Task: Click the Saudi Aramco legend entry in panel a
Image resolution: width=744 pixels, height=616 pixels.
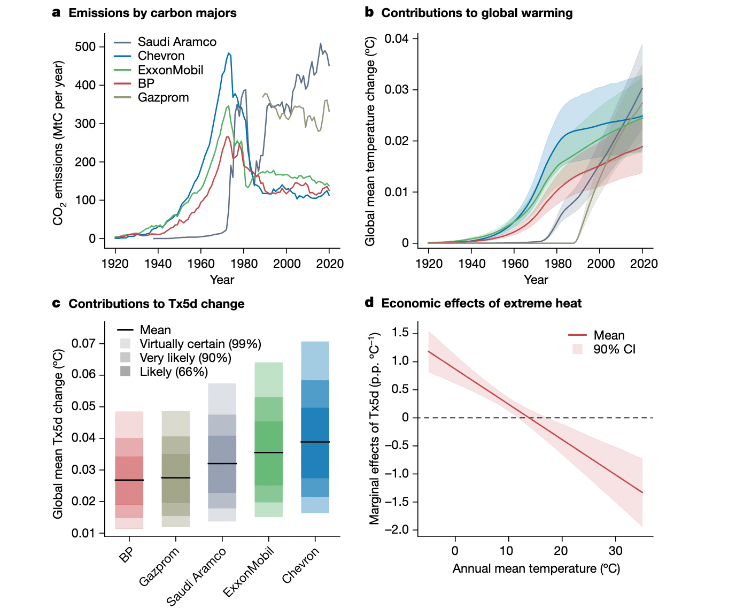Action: tap(176, 42)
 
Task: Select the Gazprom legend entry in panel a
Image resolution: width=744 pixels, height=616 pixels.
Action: tap(163, 98)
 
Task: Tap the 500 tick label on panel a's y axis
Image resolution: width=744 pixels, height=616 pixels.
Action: tap(86, 47)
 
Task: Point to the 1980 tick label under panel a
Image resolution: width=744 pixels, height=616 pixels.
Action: tap(244, 264)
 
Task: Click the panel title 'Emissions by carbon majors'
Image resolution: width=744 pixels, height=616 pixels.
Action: tap(152, 13)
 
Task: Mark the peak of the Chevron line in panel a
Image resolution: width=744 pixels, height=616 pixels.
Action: tap(229, 53)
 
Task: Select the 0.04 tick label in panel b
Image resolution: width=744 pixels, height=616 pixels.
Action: tap(397, 38)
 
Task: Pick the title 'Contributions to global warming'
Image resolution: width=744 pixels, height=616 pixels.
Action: tap(477, 13)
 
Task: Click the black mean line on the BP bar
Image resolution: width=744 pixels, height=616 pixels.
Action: tap(129, 480)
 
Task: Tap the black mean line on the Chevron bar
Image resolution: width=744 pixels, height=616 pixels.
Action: tap(315, 442)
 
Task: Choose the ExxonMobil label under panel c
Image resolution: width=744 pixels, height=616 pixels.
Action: tap(249, 572)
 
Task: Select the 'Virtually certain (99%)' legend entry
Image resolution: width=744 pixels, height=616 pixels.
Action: tap(200, 344)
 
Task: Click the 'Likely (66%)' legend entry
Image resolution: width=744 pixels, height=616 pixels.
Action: tap(173, 372)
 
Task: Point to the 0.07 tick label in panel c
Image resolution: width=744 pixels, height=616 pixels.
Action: tap(84, 343)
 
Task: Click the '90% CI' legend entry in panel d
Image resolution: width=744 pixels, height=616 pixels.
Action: tap(614, 349)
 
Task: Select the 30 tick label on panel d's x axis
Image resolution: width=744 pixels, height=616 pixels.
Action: tap(615, 551)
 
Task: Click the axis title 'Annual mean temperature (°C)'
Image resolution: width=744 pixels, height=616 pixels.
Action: tap(536, 568)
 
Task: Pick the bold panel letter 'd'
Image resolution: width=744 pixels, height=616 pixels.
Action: tap(369, 303)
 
